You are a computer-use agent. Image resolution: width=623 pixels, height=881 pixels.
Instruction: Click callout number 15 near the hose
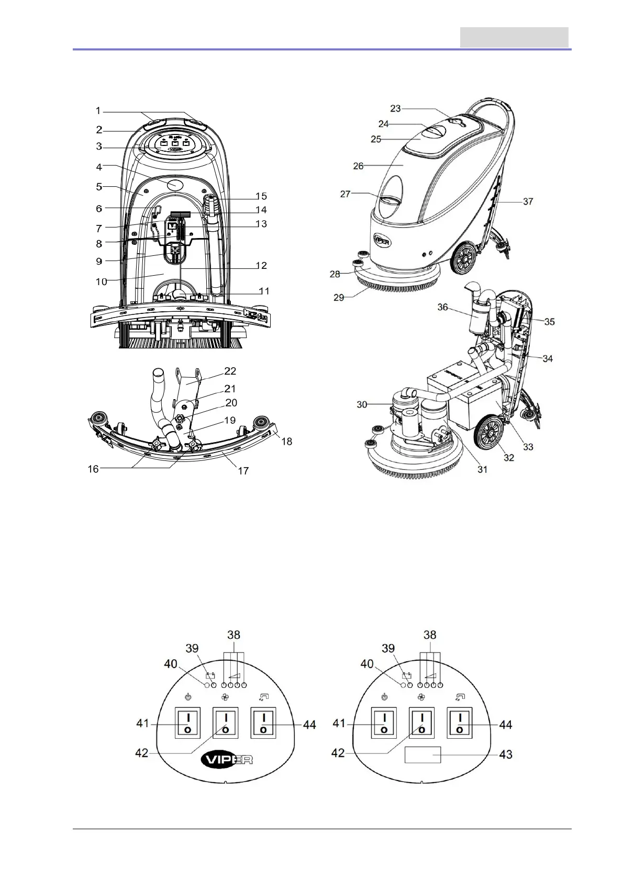click(x=261, y=196)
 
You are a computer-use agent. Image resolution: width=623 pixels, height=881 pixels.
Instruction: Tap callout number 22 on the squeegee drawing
click(x=230, y=371)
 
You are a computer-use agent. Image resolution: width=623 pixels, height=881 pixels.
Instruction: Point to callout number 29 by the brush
click(x=339, y=297)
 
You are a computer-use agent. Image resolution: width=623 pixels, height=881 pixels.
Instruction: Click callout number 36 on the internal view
click(x=443, y=307)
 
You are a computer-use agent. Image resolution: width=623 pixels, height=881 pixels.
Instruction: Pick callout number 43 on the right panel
click(x=506, y=754)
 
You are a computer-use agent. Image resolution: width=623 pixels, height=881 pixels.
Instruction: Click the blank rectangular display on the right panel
click(x=422, y=755)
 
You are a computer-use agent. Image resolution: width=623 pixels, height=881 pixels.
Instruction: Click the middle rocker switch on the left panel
click(x=225, y=723)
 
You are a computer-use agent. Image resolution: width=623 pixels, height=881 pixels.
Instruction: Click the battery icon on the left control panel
click(x=210, y=675)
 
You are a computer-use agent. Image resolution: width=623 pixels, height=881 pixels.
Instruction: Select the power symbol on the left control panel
click(x=188, y=697)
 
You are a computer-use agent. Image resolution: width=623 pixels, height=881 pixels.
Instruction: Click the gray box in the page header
click(x=514, y=37)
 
